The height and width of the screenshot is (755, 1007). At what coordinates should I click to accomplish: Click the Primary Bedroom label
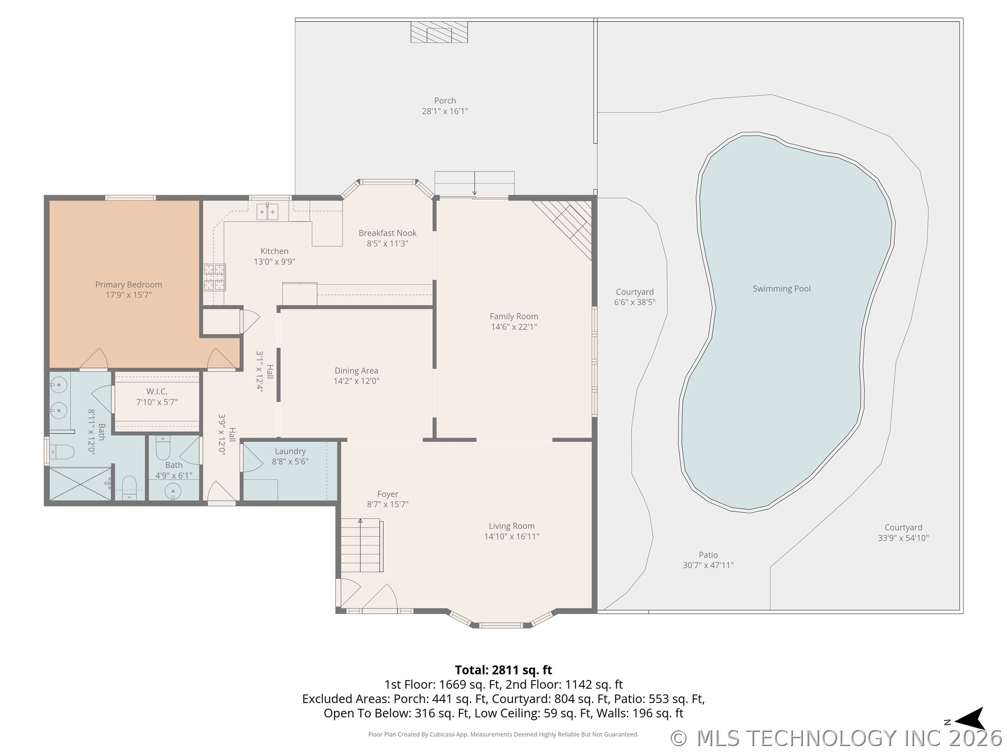(x=128, y=285)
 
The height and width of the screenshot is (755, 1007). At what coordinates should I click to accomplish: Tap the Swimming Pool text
(x=781, y=289)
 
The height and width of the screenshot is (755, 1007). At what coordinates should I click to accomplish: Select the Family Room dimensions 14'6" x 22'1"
(x=514, y=327)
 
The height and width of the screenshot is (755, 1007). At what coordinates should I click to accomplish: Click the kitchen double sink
(x=267, y=212)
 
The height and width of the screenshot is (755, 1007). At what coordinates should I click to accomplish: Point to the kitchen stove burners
(x=215, y=277)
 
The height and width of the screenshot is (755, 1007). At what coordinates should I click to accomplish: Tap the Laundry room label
(x=290, y=451)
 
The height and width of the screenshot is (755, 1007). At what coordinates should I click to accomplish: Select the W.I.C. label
(x=157, y=392)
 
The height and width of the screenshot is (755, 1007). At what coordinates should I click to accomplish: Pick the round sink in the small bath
(x=173, y=491)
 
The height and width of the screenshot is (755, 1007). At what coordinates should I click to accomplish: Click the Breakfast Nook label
(x=388, y=233)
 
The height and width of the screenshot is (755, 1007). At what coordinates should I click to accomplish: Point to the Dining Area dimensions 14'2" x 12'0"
(x=357, y=381)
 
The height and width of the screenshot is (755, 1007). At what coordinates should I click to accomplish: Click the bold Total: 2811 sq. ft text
(x=504, y=670)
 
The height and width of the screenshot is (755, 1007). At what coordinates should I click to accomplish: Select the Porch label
(x=445, y=101)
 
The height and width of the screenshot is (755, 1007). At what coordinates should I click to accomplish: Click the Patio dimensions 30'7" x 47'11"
(x=708, y=565)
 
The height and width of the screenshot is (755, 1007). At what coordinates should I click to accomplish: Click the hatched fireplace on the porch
(x=438, y=32)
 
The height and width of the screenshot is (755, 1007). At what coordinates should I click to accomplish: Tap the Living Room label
(x=512, y=526)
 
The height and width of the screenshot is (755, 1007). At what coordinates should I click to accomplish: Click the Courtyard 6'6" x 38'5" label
(x=635, y=297)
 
